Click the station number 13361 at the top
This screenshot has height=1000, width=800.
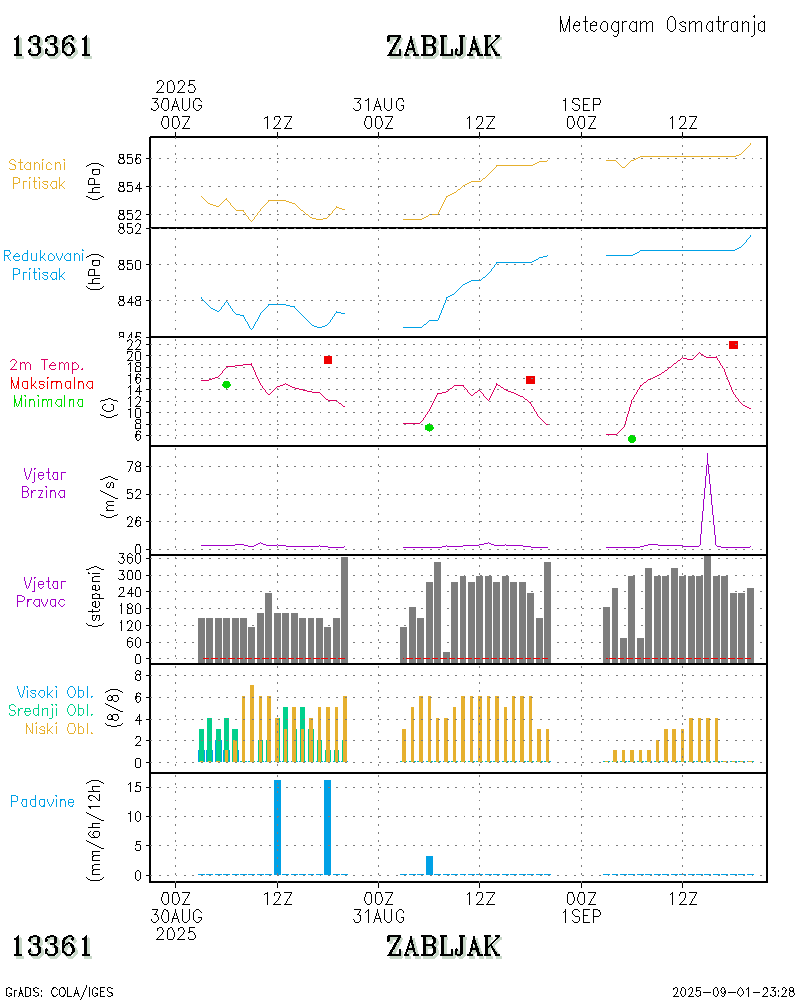point(52,46)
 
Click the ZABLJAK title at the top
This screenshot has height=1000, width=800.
point(443,46)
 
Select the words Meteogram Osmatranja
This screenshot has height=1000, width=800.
point(662,25)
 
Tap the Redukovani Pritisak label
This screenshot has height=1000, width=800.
point(43,265)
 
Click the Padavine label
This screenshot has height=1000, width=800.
point(42,801)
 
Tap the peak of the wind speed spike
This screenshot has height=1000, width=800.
point(708,454)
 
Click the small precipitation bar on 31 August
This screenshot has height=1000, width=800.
point(429,865)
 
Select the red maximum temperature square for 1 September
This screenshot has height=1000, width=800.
point(733,345)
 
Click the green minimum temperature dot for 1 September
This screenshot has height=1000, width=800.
point(632,439)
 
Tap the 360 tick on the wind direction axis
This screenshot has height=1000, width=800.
point(134,559)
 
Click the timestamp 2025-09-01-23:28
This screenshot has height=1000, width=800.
point(733,992)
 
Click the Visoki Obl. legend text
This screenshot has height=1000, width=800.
point(55,692)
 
